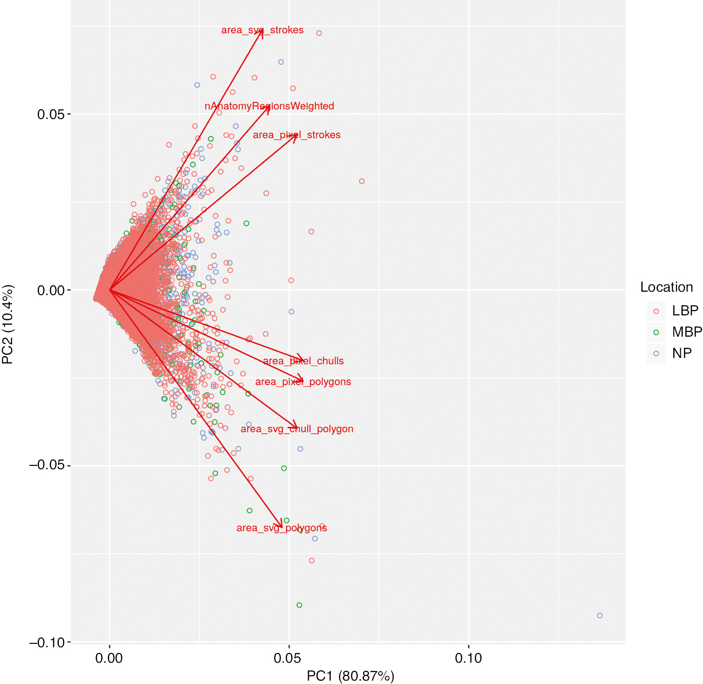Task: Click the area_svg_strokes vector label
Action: coord(262,30)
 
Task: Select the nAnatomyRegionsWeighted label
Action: coord(269,106)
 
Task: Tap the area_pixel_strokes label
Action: coord(296,135)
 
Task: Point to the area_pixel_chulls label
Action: coord(303,361)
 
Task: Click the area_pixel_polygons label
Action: coord(303,382)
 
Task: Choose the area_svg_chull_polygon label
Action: coord(297,429)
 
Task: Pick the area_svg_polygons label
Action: coord(281,528)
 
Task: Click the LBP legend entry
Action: coord(685,311)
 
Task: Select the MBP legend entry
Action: coord(687,332)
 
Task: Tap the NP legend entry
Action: coord(682,353)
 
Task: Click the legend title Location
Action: coord(666,287)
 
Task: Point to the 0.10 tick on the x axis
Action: coord(469,658)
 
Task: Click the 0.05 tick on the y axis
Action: coord(51,114)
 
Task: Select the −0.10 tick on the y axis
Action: coord(47,642)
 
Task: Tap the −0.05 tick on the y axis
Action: coord(47,465)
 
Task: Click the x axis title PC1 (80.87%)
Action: coord(350,676)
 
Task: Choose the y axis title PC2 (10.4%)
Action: coord(8,324)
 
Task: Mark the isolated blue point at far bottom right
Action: coord(600,616)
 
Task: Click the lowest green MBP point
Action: coord(299,605)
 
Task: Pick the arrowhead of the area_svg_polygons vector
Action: coord(281,527)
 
